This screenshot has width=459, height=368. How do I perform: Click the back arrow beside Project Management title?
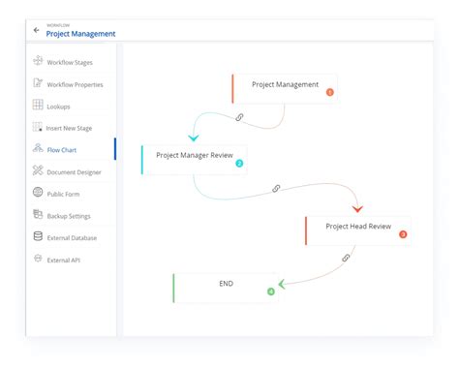click(37, 29)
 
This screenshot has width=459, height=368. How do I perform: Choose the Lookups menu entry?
click(58, 106)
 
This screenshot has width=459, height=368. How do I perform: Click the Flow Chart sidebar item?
click(62, 149)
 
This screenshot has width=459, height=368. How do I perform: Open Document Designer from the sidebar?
click(75, 171)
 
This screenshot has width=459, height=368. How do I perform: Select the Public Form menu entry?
click(63, 194)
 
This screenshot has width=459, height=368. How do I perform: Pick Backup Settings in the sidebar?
click(70, 215)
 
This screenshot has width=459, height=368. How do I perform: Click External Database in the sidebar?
click(72, 237)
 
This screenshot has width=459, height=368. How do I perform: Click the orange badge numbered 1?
click(329, 93)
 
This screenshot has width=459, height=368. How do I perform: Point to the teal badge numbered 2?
click(239, 164)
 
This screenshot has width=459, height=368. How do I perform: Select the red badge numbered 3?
click(403, 234)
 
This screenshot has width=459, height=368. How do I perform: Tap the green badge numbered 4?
click(271, 291)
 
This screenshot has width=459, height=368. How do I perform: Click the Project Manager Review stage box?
click(194, 158)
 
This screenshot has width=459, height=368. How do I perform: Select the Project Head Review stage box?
click(358, 229)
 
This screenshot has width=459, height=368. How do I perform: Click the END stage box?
click(226, 286)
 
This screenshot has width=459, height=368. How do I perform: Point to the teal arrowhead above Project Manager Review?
click(195, 138)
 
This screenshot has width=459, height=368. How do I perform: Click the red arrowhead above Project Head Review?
click(357, 208)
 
